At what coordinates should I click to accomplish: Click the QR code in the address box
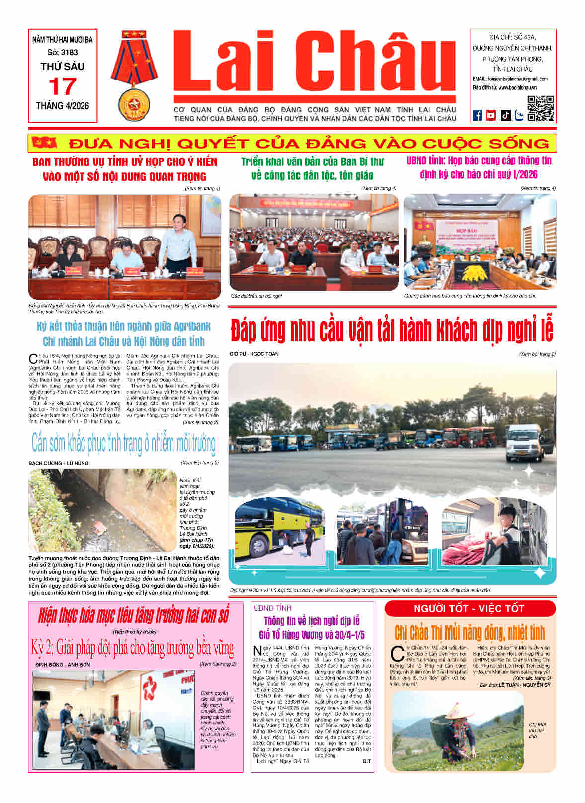[540, 108]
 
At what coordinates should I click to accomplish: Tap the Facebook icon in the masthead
[477, 115]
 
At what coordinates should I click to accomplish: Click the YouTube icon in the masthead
[491, 115]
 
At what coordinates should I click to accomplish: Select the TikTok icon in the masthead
[505, 115]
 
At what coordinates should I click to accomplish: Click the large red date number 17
[62, 86]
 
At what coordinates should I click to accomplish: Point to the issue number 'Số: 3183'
[63, 52]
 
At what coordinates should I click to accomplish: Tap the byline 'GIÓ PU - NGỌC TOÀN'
[254, 354]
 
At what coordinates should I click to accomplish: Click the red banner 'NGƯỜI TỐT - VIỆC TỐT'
[469, 608]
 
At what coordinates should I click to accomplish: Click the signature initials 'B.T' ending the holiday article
[367, 761]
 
